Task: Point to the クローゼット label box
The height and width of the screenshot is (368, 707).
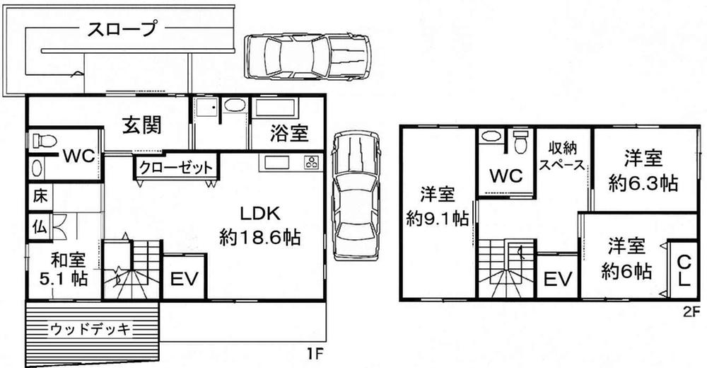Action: [x=175, y=168]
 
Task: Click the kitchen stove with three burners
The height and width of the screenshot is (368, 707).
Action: [x=310, y=162]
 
